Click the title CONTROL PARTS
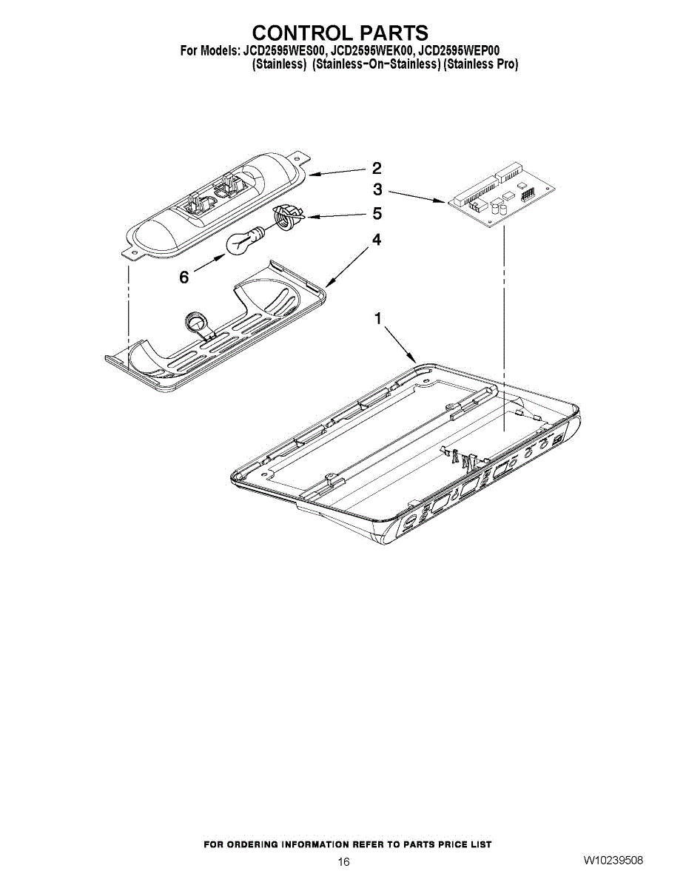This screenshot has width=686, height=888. click(340, 33)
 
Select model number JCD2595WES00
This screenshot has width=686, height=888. click(283, 51)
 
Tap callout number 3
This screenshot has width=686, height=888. click(377, 189)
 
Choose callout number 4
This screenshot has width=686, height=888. click(377, 240)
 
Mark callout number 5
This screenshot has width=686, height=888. click(377, 214)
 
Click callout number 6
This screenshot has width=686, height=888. click(184, 277)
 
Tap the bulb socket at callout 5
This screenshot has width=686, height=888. click(286, 217)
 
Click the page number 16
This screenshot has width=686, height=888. click(343, 861)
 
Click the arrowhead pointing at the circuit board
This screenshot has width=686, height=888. click(443, 201)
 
